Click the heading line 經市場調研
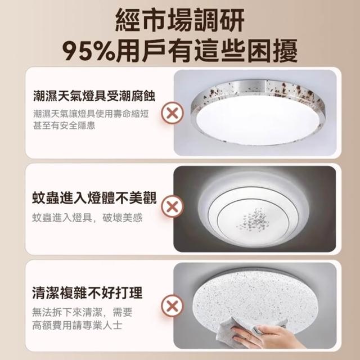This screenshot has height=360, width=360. point(180,20)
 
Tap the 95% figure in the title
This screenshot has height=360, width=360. point(88,51)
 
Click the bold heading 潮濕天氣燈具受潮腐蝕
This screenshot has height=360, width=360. point(94,96)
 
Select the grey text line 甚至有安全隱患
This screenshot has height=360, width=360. point(64,125)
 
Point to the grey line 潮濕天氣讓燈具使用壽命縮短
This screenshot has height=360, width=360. point(91,114)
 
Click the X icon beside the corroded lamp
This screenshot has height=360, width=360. point(173,113)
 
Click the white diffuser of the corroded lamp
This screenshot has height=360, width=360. point(258,120)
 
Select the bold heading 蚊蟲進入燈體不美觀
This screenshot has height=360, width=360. point(94,198)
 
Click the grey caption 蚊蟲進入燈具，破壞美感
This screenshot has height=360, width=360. point(87,218)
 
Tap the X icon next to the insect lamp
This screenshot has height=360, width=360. point(173,206)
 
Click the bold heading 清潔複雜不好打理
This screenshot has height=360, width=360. point(87,292)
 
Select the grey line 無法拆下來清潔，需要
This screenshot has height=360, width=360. point(82,312)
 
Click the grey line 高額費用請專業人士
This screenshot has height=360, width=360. point(77,325)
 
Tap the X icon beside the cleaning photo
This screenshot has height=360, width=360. point(173,306)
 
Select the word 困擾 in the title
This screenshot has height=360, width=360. point(272,51)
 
